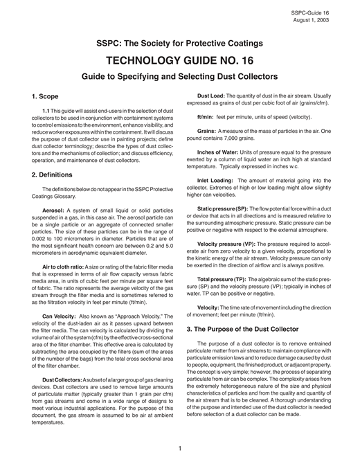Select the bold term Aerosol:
pyautogui.click(x=55, y=208)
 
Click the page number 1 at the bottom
pyautogui.click(x=179, y=447)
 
